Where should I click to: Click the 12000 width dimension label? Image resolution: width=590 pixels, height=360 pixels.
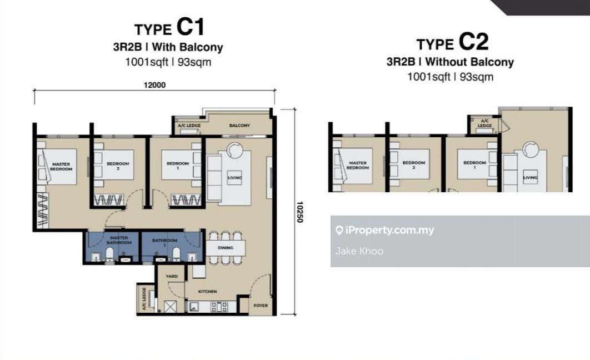[155, 85]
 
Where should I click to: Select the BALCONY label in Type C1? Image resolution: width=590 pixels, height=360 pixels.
[239, 126]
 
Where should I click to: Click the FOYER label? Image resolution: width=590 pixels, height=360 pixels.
[261, 306]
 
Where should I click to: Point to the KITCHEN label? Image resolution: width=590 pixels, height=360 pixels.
[208, 291]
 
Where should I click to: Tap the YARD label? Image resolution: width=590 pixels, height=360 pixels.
[172, 276]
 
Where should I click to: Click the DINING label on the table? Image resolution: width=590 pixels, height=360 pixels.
[225, 248]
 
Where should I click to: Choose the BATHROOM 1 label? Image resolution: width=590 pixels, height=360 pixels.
[164, 243]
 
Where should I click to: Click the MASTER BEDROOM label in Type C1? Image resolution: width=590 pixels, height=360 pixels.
[61, 166]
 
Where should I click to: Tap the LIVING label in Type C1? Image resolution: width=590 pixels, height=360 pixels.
[235, 178]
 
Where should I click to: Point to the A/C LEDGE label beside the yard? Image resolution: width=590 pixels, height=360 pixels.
[143, 299]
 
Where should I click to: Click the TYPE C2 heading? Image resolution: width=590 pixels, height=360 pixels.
[450, 42]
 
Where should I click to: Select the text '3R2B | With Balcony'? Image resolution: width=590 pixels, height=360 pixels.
[168, 47]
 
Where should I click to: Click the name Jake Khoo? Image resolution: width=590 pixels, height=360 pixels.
[359, 251]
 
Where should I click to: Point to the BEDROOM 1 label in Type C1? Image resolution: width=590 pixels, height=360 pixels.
[178, 165]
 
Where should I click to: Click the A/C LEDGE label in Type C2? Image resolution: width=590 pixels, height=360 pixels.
[484, 123]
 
